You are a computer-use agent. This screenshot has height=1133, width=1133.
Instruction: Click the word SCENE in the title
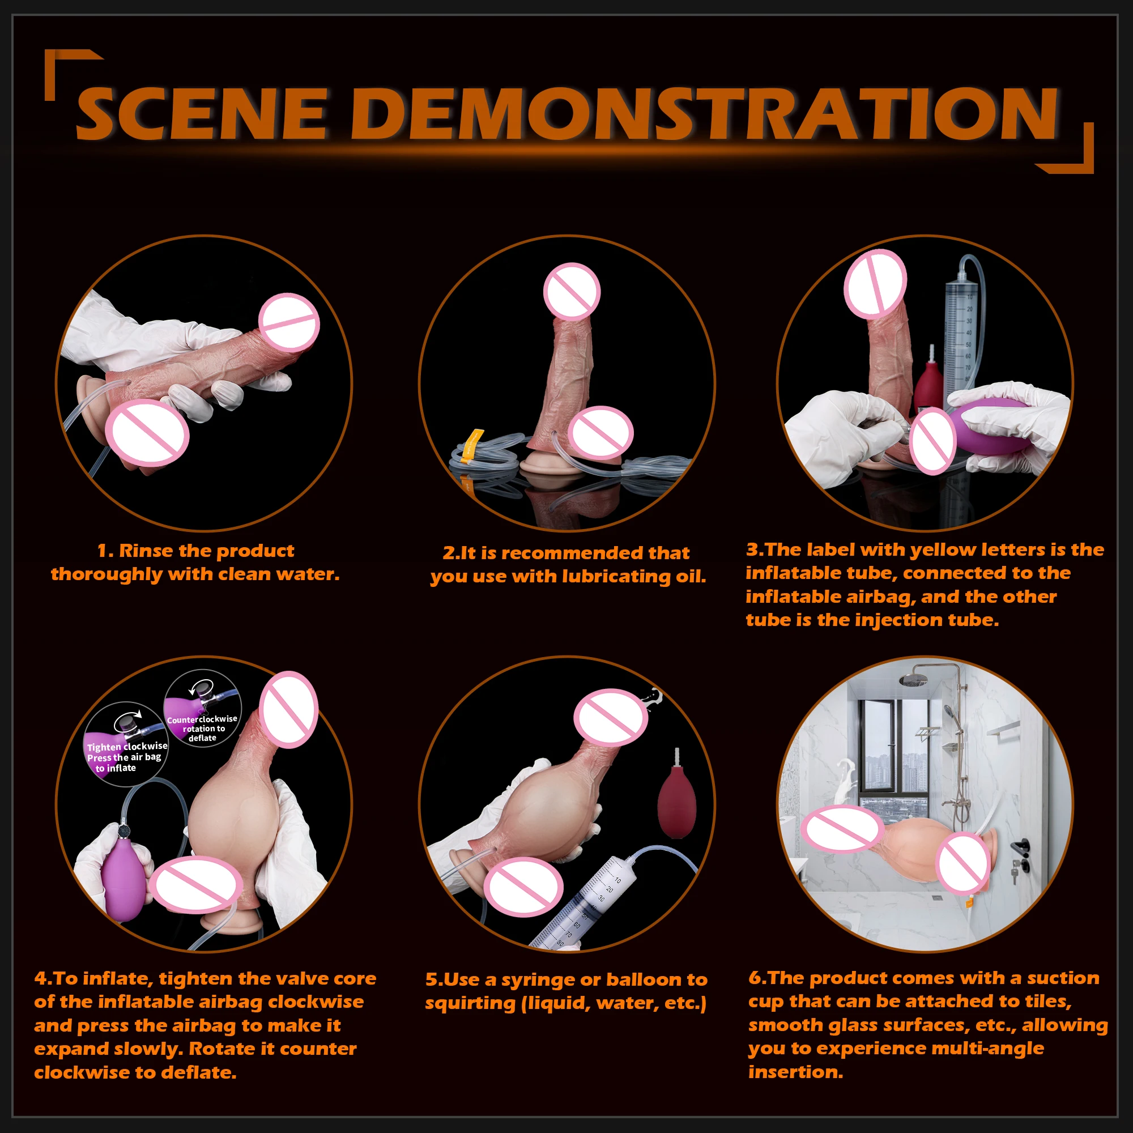(x=201, y=113)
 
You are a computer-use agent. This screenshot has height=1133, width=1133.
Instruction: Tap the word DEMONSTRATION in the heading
(x=704, y=113)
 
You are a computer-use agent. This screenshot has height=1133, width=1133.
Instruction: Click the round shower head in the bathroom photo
(x=914, y=680)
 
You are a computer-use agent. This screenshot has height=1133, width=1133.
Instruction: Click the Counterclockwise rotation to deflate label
(x=202, y=728)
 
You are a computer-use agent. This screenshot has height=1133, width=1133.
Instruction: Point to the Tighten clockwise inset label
(x=127, y=757)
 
